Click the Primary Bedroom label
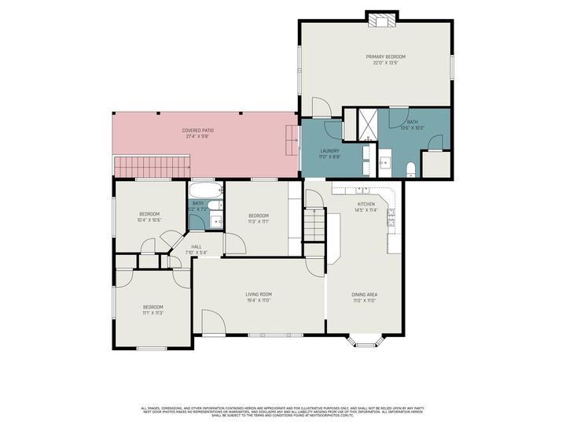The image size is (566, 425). tap(385, 57)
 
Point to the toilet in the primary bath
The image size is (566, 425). tap(410, 167)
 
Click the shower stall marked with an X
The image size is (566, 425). tap(367, 120)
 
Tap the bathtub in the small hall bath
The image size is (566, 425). tap(205, 190)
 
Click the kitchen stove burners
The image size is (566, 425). tap(392, 222)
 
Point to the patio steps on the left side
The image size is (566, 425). tap(153, 167)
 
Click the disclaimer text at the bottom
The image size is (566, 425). tap(283, 411)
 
